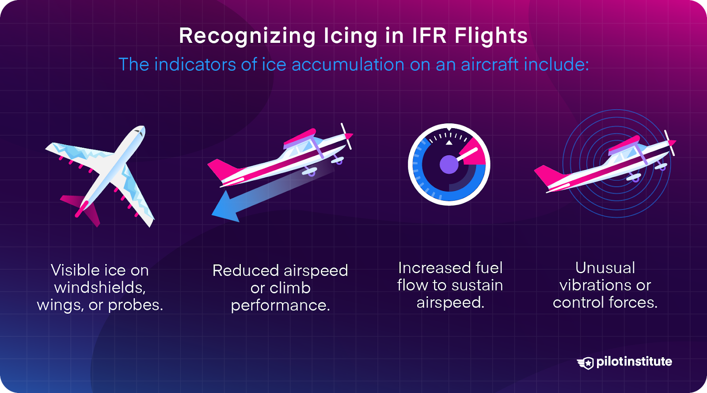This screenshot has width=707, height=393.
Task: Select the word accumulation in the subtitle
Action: pyautogui.click(x=348, y=65)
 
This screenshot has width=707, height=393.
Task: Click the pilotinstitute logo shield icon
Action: pyautogui.click(x=586, y=363)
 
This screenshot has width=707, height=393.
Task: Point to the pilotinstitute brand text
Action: pyautogui.click(x=634, y=362)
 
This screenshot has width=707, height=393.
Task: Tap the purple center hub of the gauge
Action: pyautogui.click(x=449, y=164)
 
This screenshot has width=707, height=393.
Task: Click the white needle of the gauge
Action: pyautogui.click(x=468, y=155)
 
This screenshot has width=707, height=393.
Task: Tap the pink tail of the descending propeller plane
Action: pyautogui.click(x=220, y=170)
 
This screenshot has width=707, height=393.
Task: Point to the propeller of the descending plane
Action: pyautogui.click(x=347, y=136)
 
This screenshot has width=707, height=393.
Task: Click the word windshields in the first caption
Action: pyautogui.click(x=100, y=288)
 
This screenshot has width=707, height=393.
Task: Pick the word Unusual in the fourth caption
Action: pyautogui.click(x=605, y=268)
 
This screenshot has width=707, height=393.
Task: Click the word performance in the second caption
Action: pyautogui.click(x=280, y=305)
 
